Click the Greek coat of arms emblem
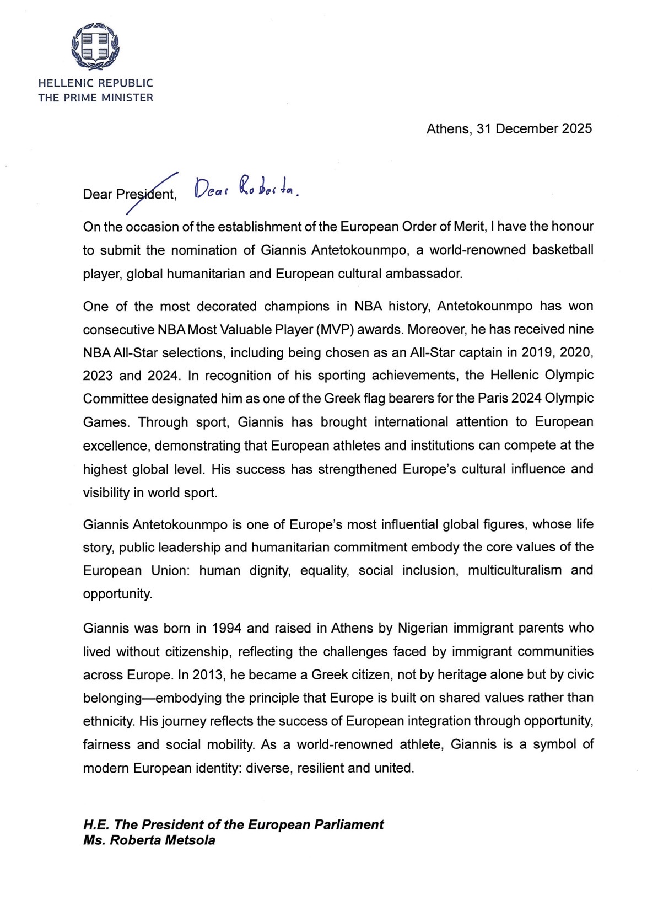(x=95, y=46)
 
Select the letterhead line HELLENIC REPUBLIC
(x=95, y=83)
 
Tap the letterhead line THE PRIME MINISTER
(x=95, y=98)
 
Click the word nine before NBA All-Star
(x=580, y=330)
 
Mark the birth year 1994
(x=227, y=628)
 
